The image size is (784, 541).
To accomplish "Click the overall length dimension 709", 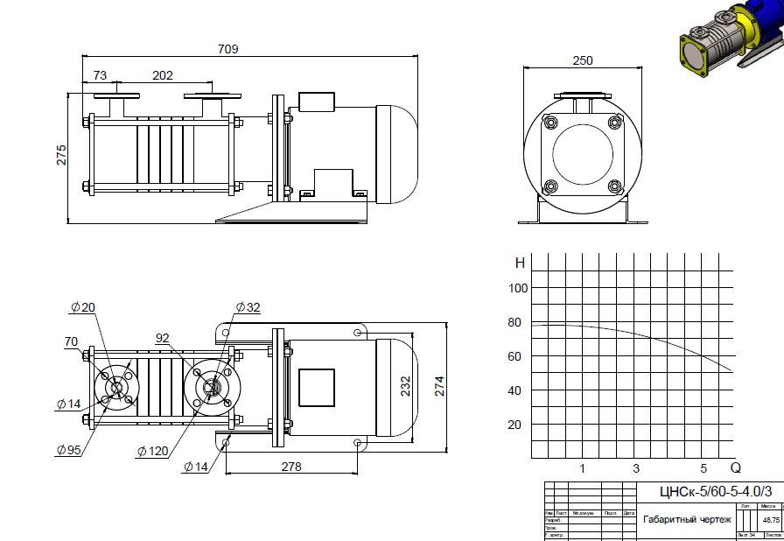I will (x=227, y=50).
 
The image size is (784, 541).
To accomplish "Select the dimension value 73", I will (x=99, y=75).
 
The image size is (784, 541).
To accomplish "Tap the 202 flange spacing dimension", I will (x=163, y=75).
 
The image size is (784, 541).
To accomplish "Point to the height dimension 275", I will (x=61, y=155).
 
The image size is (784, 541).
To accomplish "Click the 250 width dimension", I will (x=583, y=60).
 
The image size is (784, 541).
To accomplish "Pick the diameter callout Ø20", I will (x=83, y=307).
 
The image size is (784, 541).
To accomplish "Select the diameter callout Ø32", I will (x=248, y=307).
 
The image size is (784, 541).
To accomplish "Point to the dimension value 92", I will (x=163, y=337).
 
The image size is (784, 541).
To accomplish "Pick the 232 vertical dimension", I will (x=405, y=386).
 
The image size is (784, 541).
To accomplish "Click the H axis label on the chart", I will (x=520, y=263).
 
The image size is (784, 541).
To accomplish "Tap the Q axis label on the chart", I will (x=736, y=467).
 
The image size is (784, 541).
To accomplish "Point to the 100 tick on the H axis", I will (x=518, y=288).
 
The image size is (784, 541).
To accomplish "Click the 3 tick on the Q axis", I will (x=636, y=468).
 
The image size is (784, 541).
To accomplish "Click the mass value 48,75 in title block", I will (x=771, y=519).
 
